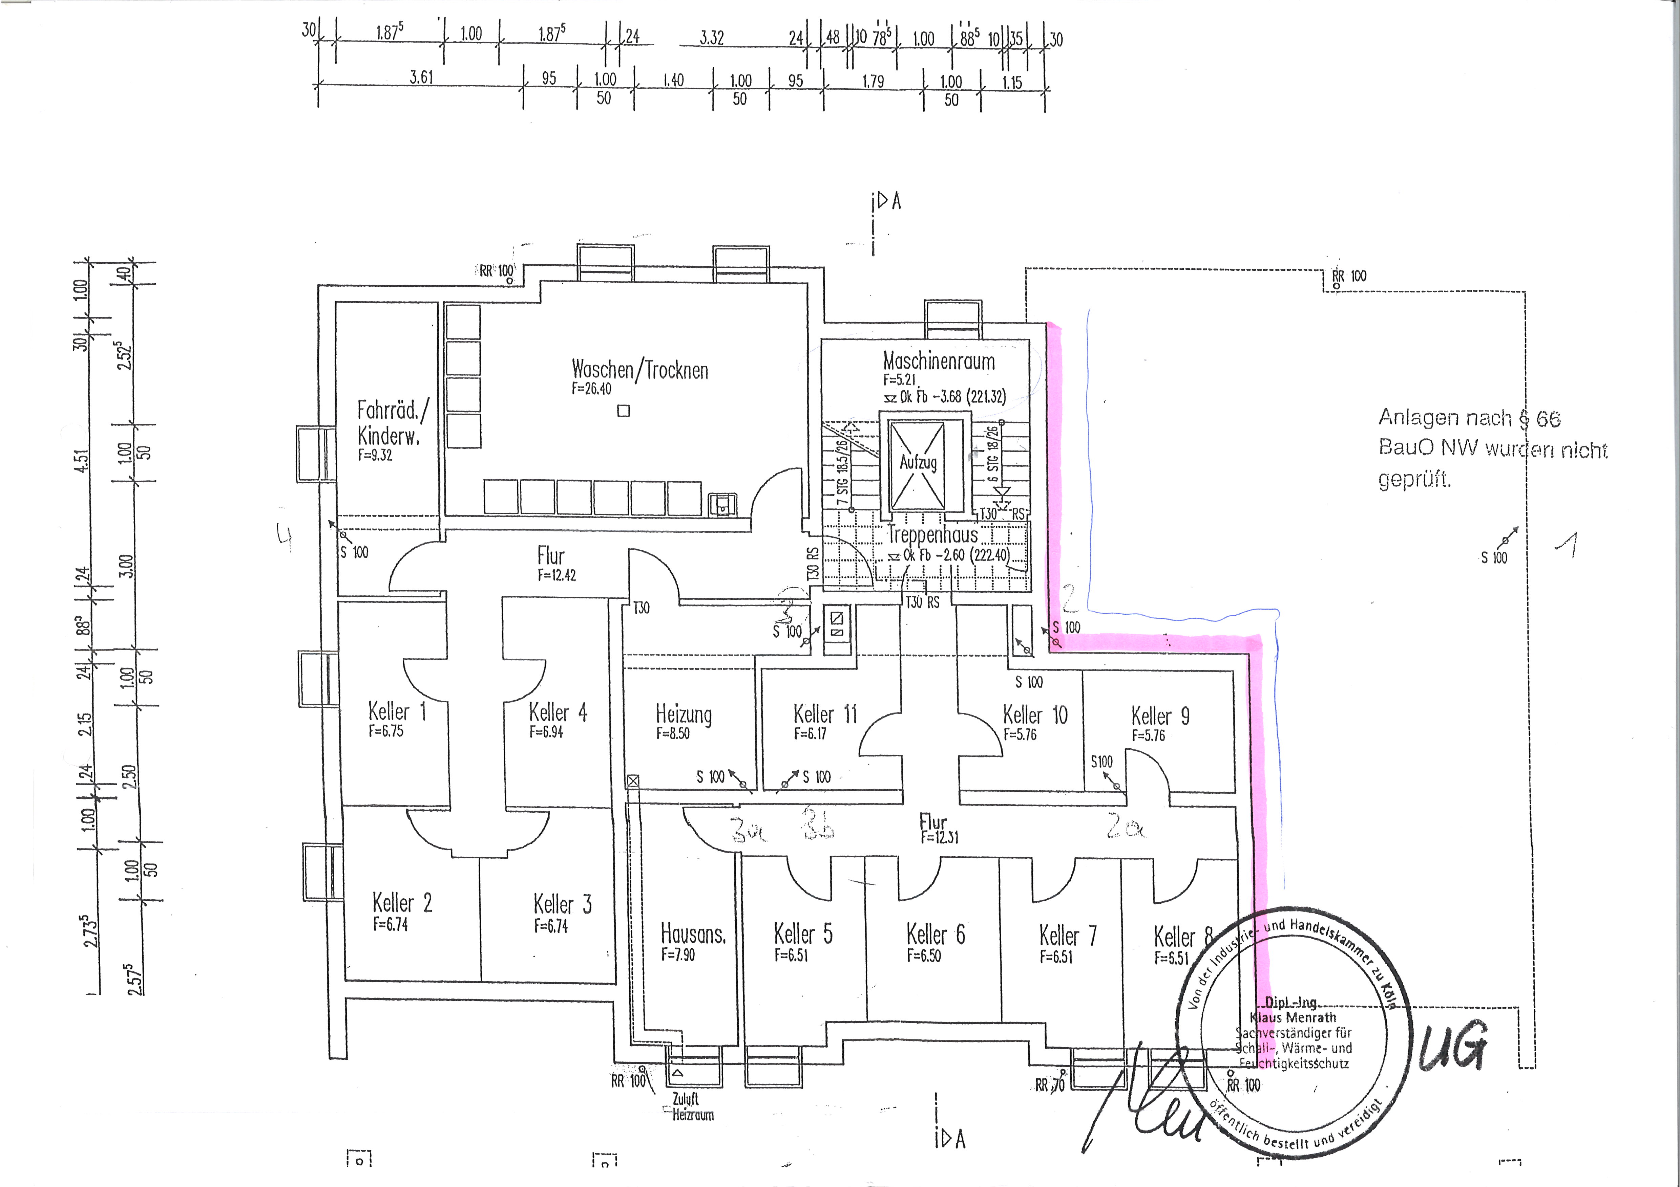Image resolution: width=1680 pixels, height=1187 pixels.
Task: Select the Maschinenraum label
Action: coord(939,361)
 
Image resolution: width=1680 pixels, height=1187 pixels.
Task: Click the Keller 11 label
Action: coord(825,714)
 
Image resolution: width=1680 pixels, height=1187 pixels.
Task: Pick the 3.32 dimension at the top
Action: coord(711,38)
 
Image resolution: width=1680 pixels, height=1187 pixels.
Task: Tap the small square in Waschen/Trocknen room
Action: coord(624,411)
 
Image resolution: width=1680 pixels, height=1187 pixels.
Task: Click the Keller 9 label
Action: coord(1160,716)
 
